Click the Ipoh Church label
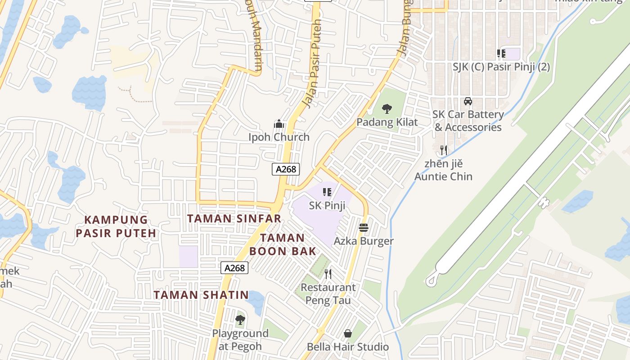click(x=279, y=137)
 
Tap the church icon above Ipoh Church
click(x=279, y=124)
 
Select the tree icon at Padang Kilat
click(x=387, y=108)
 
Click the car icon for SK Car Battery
click(x=468, y=101)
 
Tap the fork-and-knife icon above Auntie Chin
click(x=444, y=149)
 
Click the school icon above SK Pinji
click(x=327, y=192)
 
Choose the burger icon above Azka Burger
click(x=364, y=228)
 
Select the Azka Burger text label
click(x=364, y=241)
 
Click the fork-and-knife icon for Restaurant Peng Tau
click(x=328, y=274)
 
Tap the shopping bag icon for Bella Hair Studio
click(x=348, y=333)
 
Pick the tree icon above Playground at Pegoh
click(x=240, y=320)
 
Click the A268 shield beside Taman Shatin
click(x=235, y=268)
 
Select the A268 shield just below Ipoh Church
click(x=286, y=169)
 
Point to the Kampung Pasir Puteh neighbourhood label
click(x=116, y=226)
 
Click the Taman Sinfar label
click(x=234, y=219)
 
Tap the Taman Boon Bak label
click(x=283, y=244)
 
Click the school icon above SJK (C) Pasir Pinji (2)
click(x=501, y=54)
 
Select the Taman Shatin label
click(x=201, y=295)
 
